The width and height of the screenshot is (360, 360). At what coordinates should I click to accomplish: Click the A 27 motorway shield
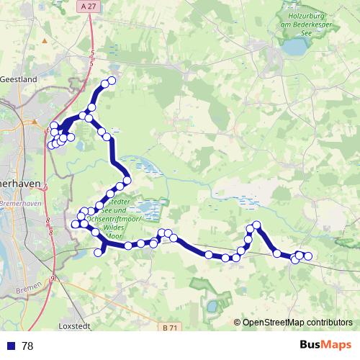89,6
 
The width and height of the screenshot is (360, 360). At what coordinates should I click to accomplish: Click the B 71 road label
170,328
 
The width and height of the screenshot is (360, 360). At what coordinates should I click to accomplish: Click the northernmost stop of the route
112,81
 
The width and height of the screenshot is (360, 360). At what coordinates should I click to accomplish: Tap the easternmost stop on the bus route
308,256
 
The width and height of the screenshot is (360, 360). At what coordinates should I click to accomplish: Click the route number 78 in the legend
27,346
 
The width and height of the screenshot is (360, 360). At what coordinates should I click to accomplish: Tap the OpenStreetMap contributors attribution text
297,323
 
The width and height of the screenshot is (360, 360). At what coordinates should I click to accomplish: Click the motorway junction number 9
53,278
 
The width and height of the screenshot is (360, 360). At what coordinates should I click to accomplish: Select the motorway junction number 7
45,187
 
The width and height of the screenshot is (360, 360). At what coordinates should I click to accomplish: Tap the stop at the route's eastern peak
256,225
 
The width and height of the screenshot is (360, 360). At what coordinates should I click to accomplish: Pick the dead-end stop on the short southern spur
99,252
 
